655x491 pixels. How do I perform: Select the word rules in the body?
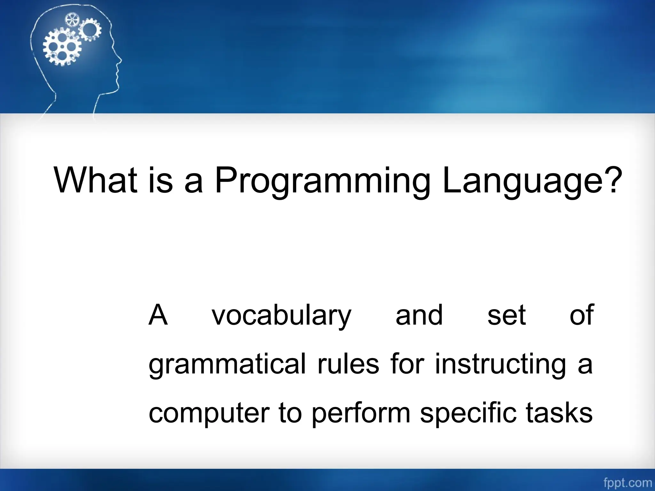tap(348, 364)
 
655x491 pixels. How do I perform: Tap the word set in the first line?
tap(507, 316)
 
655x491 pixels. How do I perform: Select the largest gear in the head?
tap(62, 47)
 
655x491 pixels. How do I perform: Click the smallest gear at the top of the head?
tap(72, 20)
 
